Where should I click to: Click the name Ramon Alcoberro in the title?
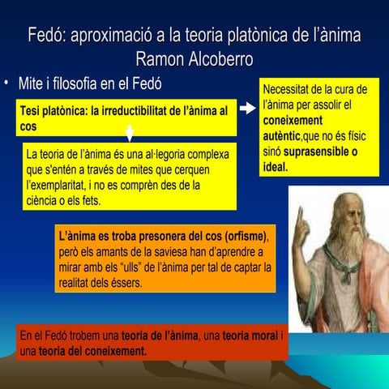[x=194, y=58]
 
